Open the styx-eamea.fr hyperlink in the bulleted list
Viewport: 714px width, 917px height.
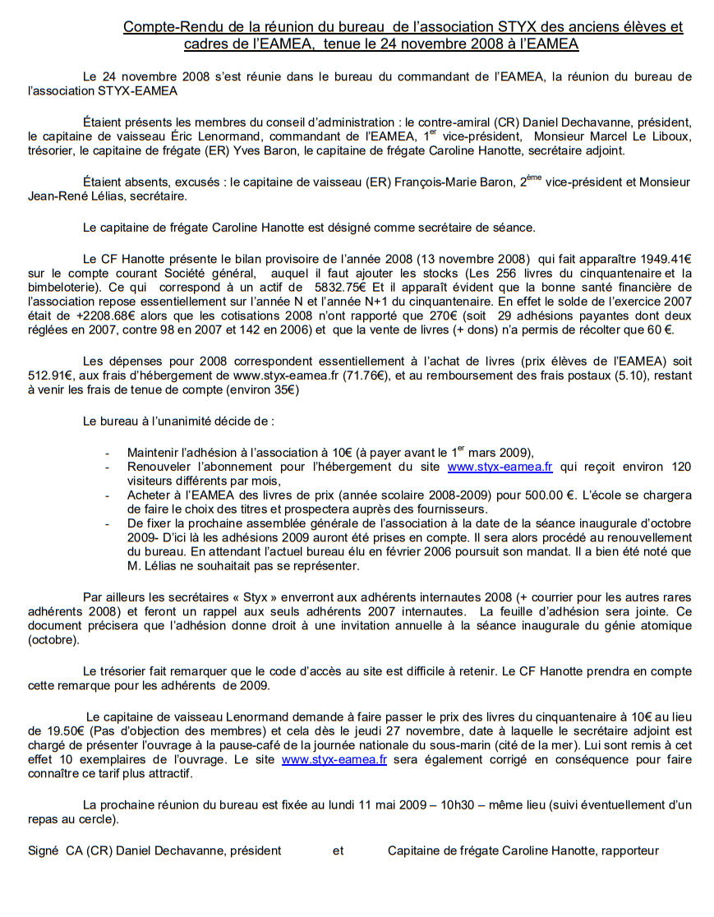pyautogui.click(x=500, y=467)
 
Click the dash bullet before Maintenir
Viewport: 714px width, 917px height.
pyautogui.click(x=108, y=453)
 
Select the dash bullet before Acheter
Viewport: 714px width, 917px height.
pyautogui.click(x=108, y=496)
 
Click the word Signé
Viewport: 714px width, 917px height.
pyautogui.click(x=44, y=850)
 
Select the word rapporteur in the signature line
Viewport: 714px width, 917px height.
pyautogui.click(x=629, y=850)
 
